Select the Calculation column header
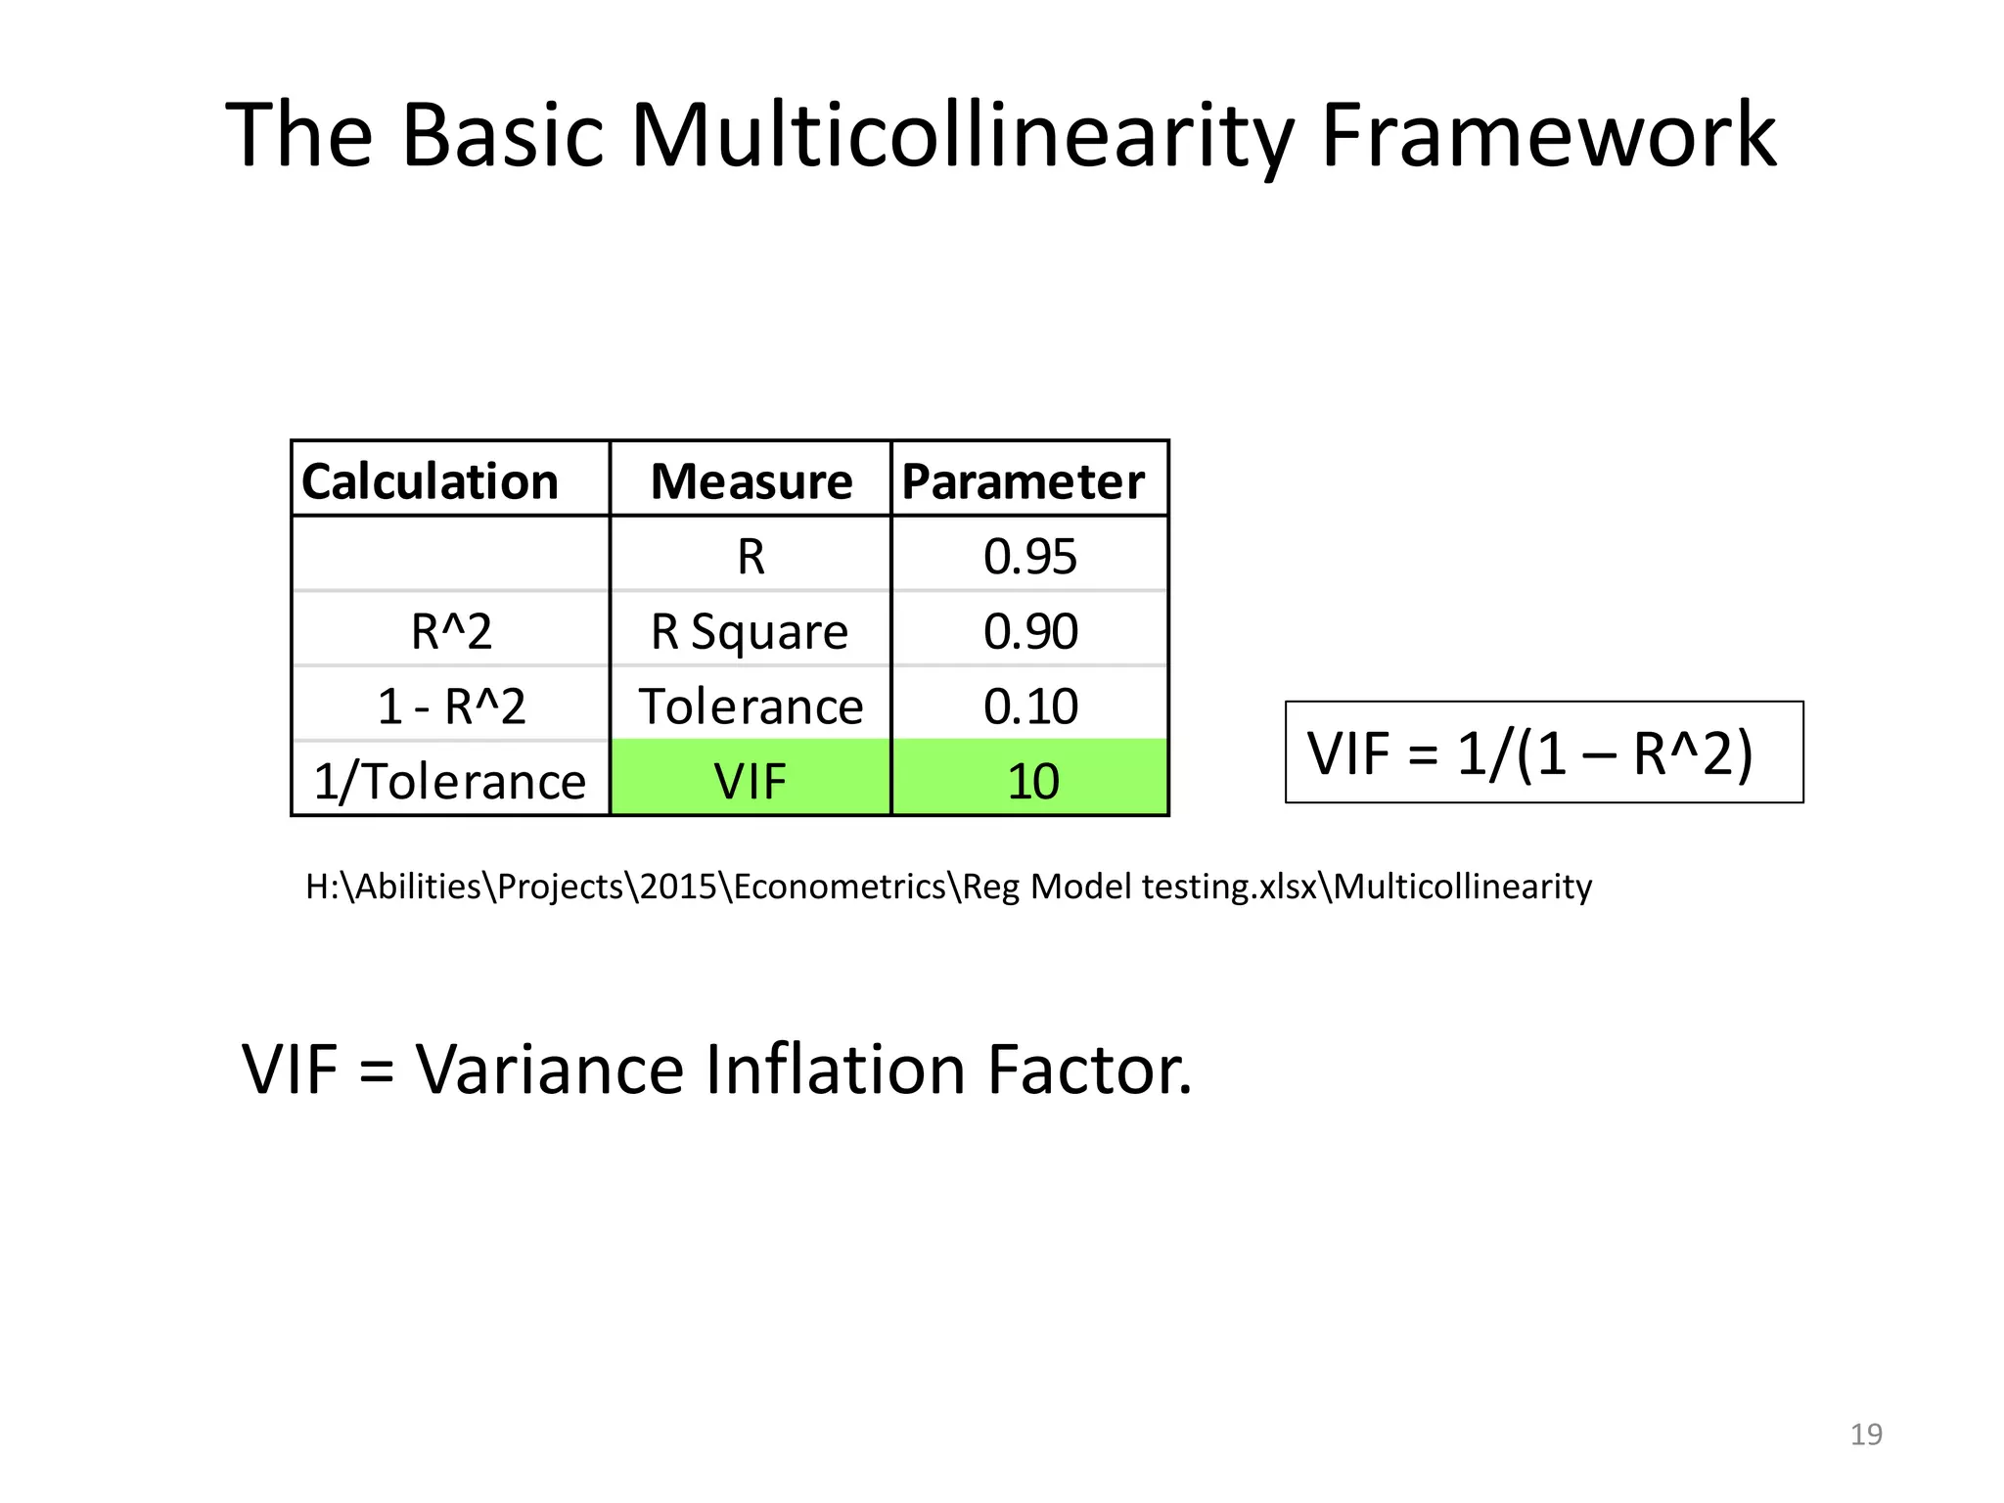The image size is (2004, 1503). coord(430,481)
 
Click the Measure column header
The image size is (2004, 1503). coord(751,481)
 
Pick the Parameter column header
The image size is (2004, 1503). coord(1023,481)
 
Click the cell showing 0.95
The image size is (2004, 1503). coord(1029,556)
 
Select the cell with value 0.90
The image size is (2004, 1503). coord(1029,631)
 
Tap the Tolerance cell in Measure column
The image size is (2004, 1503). coord(751,706)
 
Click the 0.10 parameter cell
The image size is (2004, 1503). coord(1029,706)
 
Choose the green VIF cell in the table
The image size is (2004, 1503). coord(751,781)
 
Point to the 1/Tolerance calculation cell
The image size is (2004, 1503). coord(449,781)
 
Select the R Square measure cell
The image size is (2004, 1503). coord(751,631)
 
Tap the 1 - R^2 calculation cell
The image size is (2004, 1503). coord(451,706)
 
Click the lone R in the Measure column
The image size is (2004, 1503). coord(751,556)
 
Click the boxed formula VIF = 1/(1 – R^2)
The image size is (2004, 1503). coord(1543,752)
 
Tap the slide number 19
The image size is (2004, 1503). coord(1866,1435)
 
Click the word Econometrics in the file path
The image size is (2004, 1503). coord(840,887)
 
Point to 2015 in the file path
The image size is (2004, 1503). coord(678,887)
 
